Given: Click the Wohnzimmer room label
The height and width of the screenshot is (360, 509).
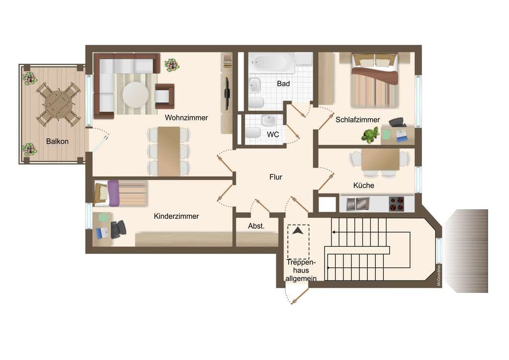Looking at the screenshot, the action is [x=186, y=117].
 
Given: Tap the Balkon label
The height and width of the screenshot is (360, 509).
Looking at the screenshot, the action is [x=57, y=141].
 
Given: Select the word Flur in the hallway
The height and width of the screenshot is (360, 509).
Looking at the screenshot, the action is [x=275, y=177].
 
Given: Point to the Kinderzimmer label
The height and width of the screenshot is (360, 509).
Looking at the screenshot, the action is [x=176, y=216].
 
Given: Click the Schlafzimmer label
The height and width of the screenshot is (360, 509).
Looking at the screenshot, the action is [x=357, y=120].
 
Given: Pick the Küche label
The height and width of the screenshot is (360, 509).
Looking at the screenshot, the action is [x=363, y=185].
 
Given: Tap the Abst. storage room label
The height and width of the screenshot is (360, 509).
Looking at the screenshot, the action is [x=256, y=226].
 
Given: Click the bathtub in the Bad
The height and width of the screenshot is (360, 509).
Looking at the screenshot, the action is [x=272, y=63].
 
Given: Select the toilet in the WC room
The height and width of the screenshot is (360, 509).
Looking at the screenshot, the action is [x=253, y=133].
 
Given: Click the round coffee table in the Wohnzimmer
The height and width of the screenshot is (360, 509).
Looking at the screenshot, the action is [x=136, y=95].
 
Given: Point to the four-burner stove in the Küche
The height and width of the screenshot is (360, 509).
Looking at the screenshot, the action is [x=396, y=204].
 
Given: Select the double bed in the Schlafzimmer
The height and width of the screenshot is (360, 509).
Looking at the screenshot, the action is [x=375, y=81].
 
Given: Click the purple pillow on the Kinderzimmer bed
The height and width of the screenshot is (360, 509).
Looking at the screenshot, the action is [x=113, y=193].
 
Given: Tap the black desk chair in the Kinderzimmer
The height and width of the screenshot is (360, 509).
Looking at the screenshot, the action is [x=118, y=229].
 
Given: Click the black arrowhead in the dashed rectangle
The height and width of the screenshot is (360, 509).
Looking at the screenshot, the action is [x=298, y=231].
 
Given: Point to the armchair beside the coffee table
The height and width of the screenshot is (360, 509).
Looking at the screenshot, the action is [x=164, y=96].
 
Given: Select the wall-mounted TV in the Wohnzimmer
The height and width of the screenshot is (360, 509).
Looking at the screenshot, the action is [x=228, y=93].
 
